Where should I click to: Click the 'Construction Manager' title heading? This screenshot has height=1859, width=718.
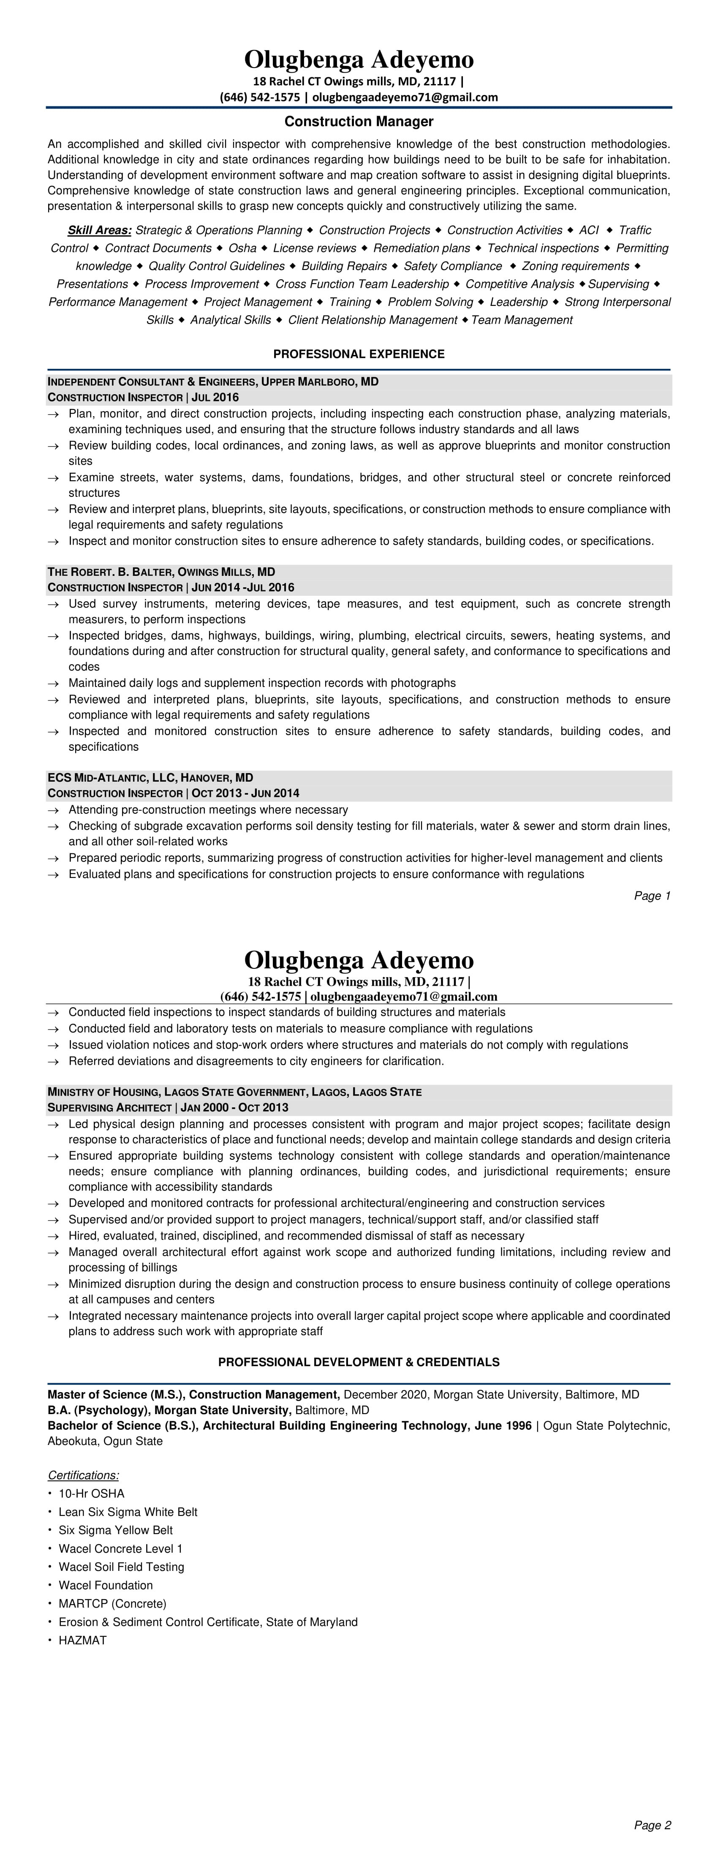tap(359, 121)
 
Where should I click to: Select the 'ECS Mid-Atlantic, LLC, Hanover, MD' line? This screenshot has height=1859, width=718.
tap(150, 777)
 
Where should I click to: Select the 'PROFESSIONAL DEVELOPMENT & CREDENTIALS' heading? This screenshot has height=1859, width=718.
tap(359, 1362)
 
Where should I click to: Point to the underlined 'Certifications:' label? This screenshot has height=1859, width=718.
tap(83, 1475)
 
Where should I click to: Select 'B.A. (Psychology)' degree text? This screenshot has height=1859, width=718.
tap(90, 1409)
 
